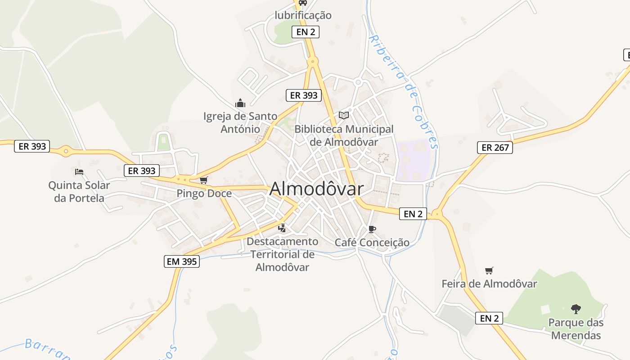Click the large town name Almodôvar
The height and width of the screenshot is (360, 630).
[x=316, y=189]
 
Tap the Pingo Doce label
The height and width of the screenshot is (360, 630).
[x=204, y=193]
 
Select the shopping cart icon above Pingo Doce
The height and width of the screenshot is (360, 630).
[x=204, y=180]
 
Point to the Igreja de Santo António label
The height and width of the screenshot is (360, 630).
[x=240, y=122]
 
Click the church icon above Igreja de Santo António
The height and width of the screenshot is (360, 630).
[x=240, y=103]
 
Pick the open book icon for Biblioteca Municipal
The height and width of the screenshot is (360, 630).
[x=344, y=115]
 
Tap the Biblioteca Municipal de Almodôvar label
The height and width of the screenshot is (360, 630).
[x=344, y=135]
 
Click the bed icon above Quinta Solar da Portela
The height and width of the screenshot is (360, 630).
[x=79, y=171]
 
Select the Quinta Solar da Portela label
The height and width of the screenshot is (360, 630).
[x=79, y=192]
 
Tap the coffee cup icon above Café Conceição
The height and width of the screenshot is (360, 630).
[x=372, y=229]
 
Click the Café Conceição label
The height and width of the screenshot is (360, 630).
[x=372, y=243]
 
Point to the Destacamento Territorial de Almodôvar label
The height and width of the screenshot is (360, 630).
[x=282, y=254]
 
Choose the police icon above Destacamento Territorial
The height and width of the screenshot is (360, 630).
[x=282, y=228]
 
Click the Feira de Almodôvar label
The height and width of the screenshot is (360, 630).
[x=489, y=284]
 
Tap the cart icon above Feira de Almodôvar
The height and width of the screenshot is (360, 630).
[x=489, y=270]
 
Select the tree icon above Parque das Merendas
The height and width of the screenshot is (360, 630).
[x=576, y=309]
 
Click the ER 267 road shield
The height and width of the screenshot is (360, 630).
[x=495, y=147]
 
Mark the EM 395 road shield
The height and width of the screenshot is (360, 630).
[x=181, y=261]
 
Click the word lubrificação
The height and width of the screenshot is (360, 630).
[x=303, y=15]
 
